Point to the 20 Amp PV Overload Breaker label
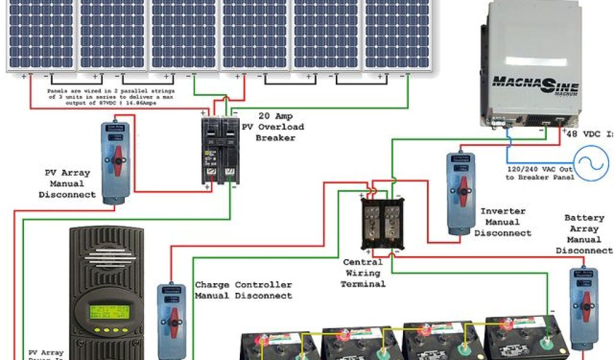pyautogui.click(x=272, y=127)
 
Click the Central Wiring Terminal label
pyautogui.click(x=363, y=273)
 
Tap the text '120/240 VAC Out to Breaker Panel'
pyautogui.click(x=540, y=173)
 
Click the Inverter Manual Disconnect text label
pyautogui.click(x=502, y=222)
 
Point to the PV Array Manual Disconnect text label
pyautogui.click(x=67, y=184)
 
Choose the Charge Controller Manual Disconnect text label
pyautogui.click(x=243, y=290)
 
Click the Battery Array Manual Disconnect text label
pyautogui.click(x=584, y=234)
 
